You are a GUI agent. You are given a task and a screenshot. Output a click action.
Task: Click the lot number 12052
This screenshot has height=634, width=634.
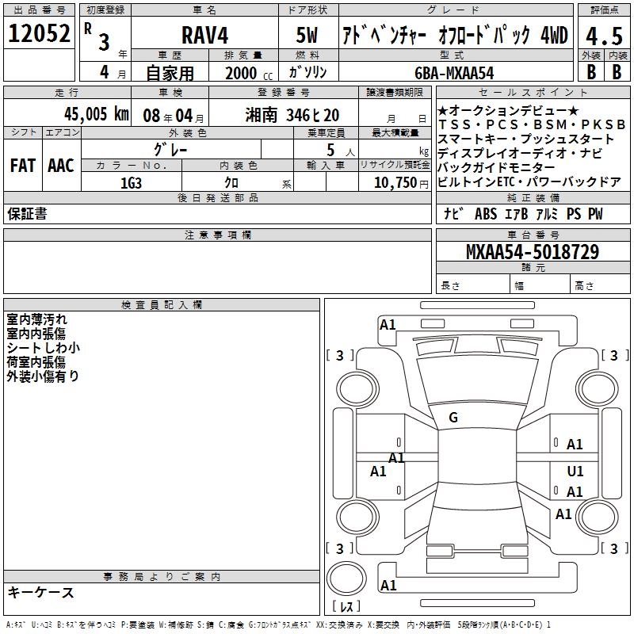tap(39, 33)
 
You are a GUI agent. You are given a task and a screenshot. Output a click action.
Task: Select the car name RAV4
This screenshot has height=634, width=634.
tap(205, 35)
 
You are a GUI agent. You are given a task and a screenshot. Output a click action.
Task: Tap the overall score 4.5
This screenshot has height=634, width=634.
tap(604, 36)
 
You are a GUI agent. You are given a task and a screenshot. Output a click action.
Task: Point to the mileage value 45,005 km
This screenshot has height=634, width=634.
tap(97, 114)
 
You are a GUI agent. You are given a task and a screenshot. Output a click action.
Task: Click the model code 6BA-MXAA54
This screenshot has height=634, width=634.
tap(454, 73)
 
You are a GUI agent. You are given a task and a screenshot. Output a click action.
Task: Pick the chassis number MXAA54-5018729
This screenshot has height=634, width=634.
tap(533, 251)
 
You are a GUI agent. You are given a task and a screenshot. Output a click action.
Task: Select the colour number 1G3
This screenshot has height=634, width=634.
tap(131, 183)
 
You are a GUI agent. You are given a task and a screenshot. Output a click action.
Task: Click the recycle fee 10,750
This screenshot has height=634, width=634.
tap(395, 183)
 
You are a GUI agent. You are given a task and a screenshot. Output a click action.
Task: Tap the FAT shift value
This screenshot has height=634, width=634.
tap(23, 166)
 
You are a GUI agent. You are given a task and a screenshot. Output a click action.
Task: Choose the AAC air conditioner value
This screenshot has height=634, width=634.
tap(61, 166)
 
